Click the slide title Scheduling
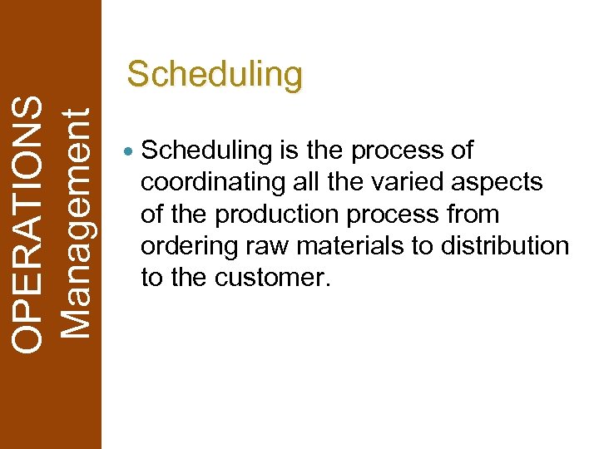(215, 75)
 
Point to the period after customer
(328, 284)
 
